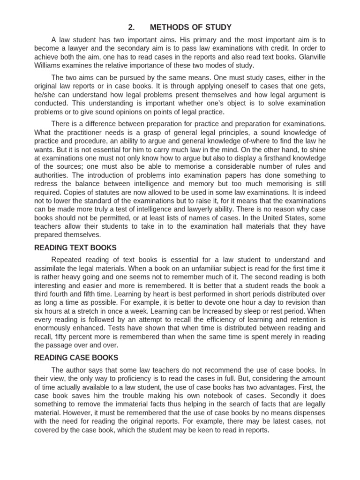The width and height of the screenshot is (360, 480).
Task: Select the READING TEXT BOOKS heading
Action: point(75,247)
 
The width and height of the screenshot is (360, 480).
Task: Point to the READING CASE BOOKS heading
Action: point(76,358)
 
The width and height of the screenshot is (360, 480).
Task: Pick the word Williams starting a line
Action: point(48,65)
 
